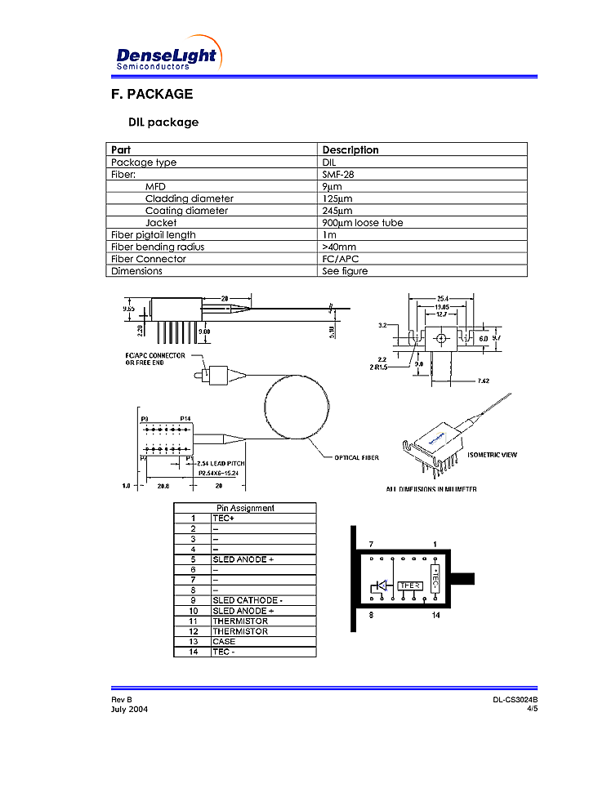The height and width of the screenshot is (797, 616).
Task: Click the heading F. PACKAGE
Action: (x=152, y=94)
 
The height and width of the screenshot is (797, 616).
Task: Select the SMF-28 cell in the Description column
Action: (x=338, y=174)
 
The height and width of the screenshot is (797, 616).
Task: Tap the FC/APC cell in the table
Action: (x=341, y=259)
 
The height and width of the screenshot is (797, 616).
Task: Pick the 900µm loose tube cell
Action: (x=362, y=222)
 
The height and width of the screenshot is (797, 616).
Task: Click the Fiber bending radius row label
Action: (x=158, y=247)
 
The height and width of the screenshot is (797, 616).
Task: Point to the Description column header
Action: (x=350, y=149)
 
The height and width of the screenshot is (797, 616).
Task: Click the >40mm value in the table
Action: (x=339, y=247)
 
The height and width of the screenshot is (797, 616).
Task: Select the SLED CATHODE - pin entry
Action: (x=248, y=600)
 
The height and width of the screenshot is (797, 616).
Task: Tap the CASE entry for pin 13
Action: (x=224, y=641)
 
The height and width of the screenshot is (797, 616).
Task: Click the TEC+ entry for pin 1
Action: (x=224, y=518)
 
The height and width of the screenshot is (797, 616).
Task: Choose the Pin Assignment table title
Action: (x=245, y=508)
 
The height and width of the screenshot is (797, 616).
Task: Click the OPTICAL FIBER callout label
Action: (x=357, y=457)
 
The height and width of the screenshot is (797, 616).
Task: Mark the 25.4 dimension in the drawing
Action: (x=440, y=298)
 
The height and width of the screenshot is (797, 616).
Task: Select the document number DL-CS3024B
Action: (x=515, y=700)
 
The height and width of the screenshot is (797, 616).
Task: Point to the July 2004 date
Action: (x=130, y=709)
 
